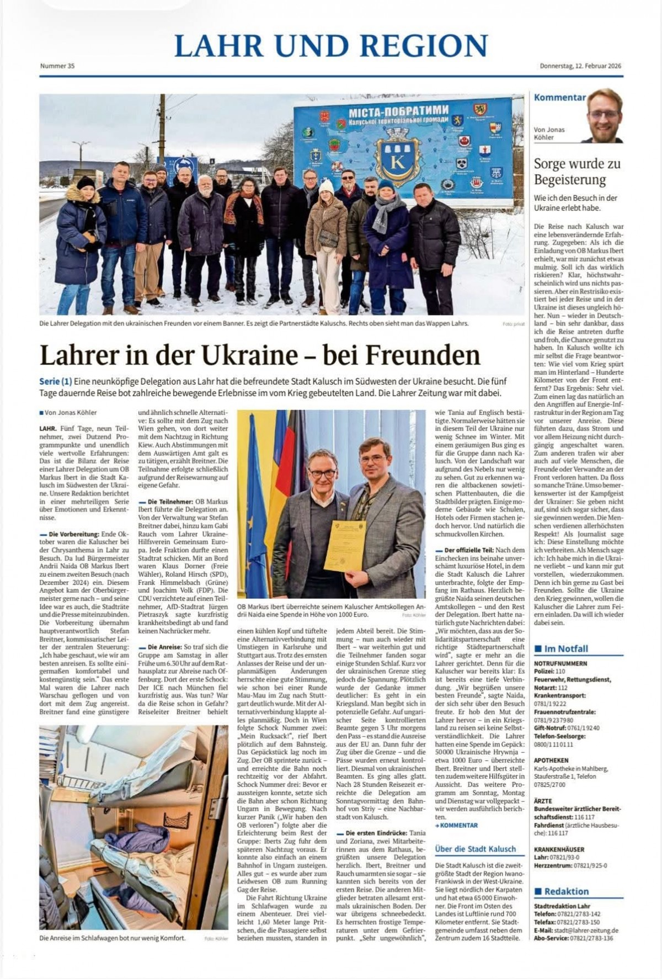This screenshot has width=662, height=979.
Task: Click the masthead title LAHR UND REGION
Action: coord(331,46)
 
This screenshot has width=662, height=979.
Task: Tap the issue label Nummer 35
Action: coord(57,66)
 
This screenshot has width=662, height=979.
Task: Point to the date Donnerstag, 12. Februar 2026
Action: coord(580,66)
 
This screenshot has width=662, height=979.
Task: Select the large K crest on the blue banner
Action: coord(398,159)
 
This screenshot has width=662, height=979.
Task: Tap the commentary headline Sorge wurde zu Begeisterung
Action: coord(576,172)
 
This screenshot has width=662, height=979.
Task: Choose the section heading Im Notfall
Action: coord(566,648)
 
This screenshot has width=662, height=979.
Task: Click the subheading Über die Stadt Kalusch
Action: coord(475,849)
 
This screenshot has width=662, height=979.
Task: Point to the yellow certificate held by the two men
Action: coord(345,545)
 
